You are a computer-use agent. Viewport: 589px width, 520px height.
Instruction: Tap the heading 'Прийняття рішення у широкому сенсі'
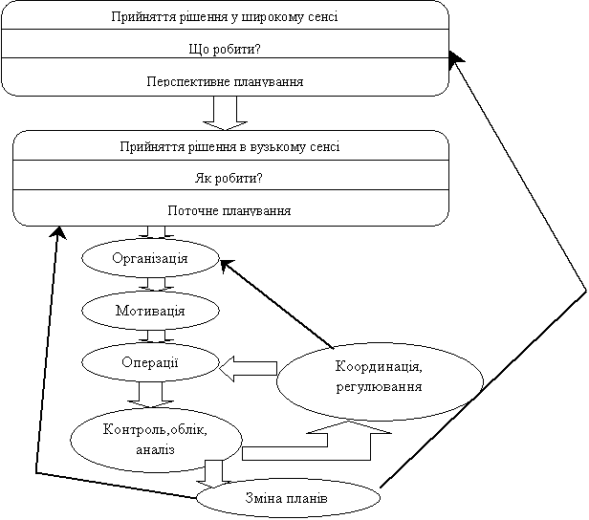[226, 17]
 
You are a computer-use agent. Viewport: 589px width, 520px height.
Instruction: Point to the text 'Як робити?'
[229, 178]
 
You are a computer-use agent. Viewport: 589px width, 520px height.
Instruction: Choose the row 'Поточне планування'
[229, 209]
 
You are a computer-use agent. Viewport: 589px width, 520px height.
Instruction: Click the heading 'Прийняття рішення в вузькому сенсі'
[229, 146]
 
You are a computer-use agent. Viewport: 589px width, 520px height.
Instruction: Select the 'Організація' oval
[150, 257]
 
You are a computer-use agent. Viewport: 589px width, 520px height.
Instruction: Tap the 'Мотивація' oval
[149, 310]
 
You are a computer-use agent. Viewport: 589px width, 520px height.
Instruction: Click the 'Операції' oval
[150, 361]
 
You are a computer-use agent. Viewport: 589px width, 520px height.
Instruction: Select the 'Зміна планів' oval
[288, 499]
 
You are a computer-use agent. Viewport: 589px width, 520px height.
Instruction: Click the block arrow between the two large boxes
[227, 112]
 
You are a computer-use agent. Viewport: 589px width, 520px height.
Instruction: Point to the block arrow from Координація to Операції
[248, 367]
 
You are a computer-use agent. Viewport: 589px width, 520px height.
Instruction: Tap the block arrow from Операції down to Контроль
[148, 394]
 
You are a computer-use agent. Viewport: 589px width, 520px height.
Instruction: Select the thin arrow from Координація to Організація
[276, 303]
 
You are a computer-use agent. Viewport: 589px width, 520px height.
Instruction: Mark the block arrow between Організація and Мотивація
[154, 284]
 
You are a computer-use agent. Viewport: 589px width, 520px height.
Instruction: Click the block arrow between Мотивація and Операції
[154, 336]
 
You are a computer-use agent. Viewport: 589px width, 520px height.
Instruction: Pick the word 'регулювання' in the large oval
[379, 386]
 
